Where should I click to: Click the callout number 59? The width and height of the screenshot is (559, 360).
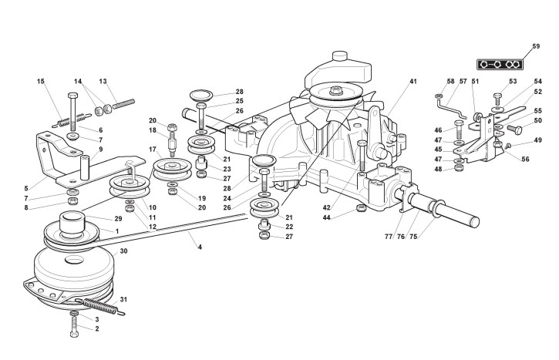pyautogui.click(x=535, y=47)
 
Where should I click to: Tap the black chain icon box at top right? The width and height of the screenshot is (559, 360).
pyautogui.click(x=498, y=63)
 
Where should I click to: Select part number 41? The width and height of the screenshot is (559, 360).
pyautogui.click(x=413, y=81)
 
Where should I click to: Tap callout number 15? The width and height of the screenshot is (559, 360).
pyautogui.click(x=41, y=81)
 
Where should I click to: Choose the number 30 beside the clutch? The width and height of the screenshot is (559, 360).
pyautogui.click(x=123, y=251)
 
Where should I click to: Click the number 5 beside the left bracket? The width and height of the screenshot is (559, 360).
pyautogui.click(x=26, y=187)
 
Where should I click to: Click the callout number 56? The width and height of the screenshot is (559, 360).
pyautogui.click(x=526, y=159)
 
